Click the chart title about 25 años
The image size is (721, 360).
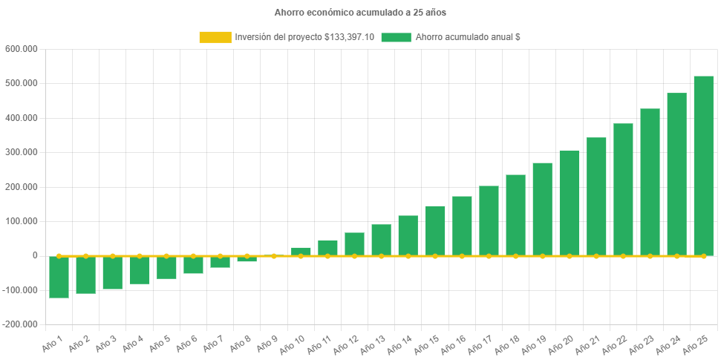pyautogui.click(x=360, y=13)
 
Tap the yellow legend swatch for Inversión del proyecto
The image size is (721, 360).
pyautogui.click(x=215, y=37)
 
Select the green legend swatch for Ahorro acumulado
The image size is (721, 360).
pyautogui.click(x=396, y=37)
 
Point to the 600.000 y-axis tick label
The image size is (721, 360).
pyautogui.click(x=21, y=49)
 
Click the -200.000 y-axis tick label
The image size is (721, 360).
pyautogui.click(x=20, y=324)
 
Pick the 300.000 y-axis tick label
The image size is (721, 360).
pyautogui.click(x=21, y=152)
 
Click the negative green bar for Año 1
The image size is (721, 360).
pyautogui.click(x=59, y=278)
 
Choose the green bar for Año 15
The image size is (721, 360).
pyautogui.click(x=435, y=231)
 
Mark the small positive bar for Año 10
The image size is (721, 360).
pyautogui.click(x=301, y=251)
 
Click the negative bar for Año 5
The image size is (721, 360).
pyautogui.click(x=166, y=268)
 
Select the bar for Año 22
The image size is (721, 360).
pyautogui.click(x=623, y=189)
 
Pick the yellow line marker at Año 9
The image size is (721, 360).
pyautogui.click(x=274, y=256)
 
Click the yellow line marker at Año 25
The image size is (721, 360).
pyautogui.click(x=703, y=256)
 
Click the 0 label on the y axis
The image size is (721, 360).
pyautogui.click(x=34, y=255)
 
